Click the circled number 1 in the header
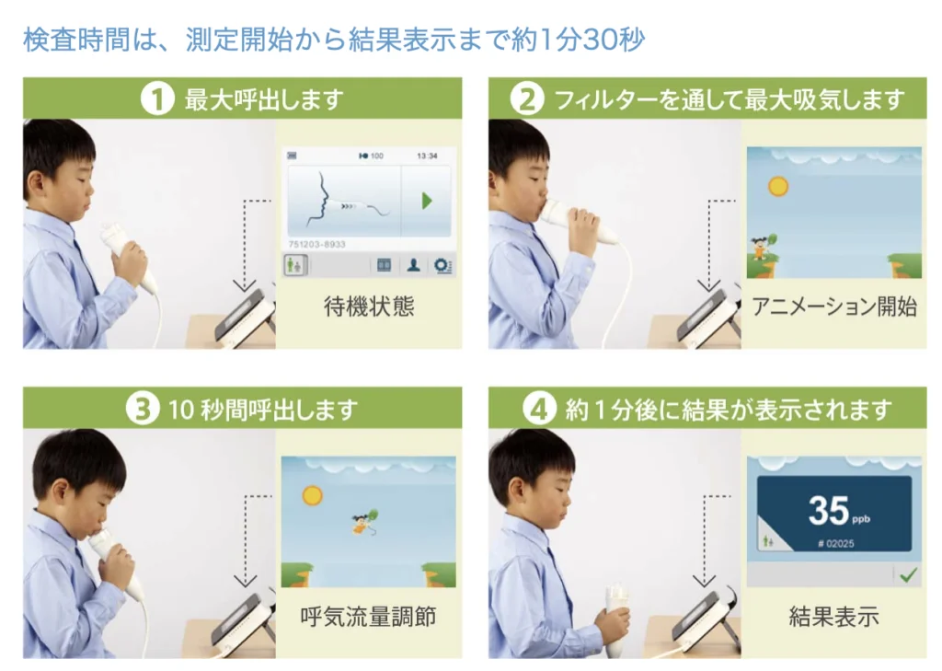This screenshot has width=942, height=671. point(157,99)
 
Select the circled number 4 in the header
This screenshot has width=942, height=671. point(539,409)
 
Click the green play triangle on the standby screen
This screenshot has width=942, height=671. point(427,201)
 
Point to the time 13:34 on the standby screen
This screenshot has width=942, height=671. point(427,156)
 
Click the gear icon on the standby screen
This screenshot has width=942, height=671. point(442,265)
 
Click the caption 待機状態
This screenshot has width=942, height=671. point(369,307)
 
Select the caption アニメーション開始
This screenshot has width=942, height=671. point(834,307)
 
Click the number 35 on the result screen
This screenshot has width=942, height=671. point(828,510)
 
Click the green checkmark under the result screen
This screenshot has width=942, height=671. point(908,574)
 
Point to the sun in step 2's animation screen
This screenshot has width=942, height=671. point(778,187)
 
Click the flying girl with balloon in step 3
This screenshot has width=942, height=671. point(362,523)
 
